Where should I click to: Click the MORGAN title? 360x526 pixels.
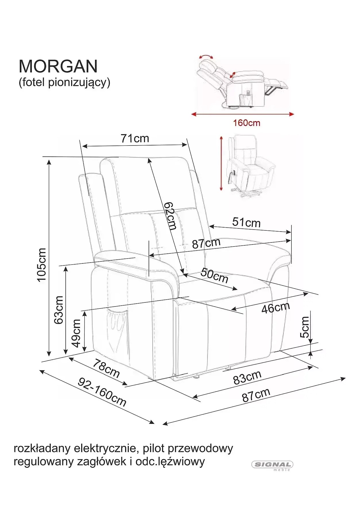click(x=58, y=66)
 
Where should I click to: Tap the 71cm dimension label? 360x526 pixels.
click(x=135, y=138)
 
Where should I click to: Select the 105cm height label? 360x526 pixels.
click(x=42, y=265)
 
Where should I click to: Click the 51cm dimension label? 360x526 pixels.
click(x=246, y=222)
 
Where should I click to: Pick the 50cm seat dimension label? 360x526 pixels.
click(x=214, y=275)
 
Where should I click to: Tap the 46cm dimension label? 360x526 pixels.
click(x=276, y=308)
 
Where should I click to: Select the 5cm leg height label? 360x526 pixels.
click(x=305, y=327)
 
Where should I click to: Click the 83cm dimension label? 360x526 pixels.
click(x=247, y=377)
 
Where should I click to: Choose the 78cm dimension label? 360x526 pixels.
click(x=106, y=368)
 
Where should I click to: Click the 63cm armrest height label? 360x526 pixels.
click(x=59, y=310)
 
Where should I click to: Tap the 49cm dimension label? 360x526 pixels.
click(x=76, y=333)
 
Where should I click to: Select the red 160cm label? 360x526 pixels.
click(x=247, y=123)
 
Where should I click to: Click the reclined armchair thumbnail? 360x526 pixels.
click(x=242, y=82)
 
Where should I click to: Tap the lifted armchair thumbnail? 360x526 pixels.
click(x=251, y=166)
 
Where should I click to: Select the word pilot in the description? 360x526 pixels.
click(x=153, y=448)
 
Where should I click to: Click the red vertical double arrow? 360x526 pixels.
click(x=221, y=163)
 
